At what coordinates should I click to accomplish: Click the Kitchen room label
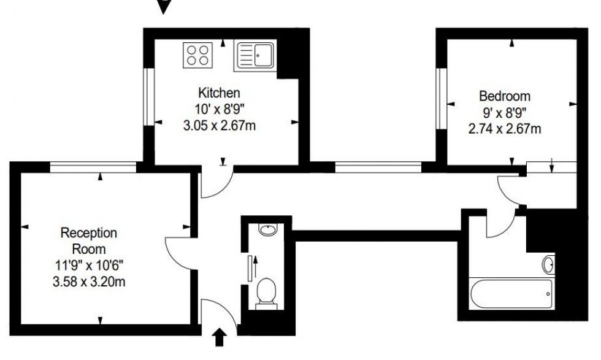218,93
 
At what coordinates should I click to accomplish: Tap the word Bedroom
504,96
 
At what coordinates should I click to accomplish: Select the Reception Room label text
89,241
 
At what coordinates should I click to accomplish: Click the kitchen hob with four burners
198,55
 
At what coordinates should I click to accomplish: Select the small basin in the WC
267,231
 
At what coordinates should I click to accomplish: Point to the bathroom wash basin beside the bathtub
549,264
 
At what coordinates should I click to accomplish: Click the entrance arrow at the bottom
220,337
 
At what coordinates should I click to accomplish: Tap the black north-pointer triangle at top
164,7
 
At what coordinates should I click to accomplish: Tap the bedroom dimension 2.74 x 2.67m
505,129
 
